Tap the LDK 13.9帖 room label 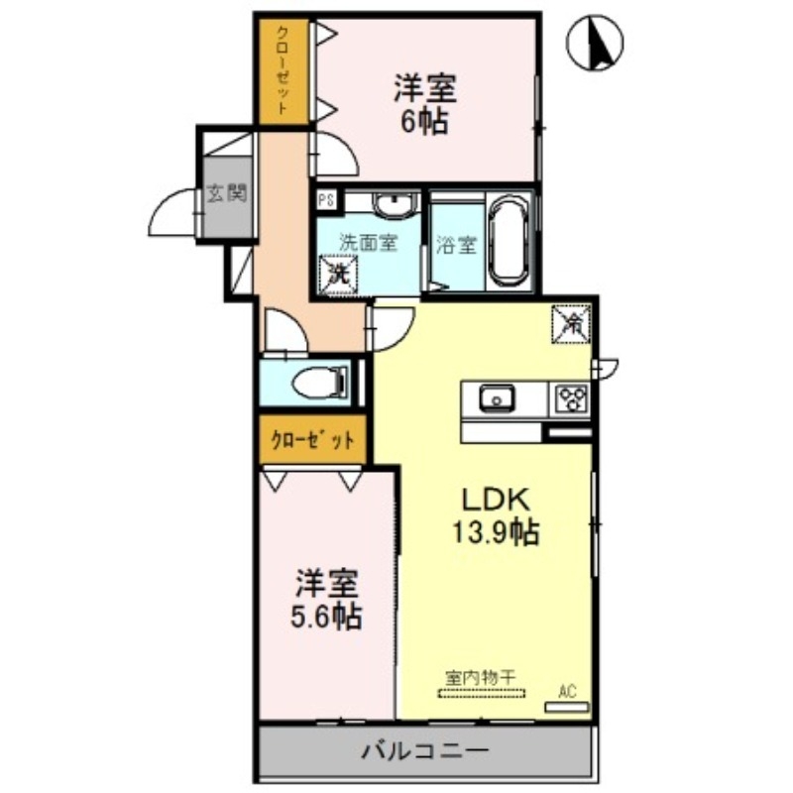pos(496,515)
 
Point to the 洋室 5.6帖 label pos(325,600)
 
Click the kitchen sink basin pos(493,398)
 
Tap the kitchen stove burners pos(570,398)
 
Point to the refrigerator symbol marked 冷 pos(572,322)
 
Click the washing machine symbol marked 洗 pos(337,273)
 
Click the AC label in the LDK pos(567,691)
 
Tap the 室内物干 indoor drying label pos(481,678)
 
